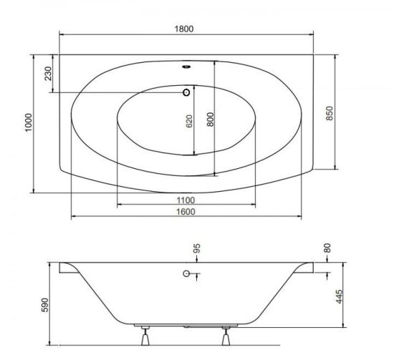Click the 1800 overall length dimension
point(184,29)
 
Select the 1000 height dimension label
point(29,122)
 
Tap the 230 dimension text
point(48,73)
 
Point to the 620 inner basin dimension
point(189,121)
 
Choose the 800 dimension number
point(211,120)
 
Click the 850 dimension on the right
point(330,113)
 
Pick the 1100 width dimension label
point(186,200)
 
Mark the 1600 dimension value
point(186,212)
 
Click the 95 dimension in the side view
point(197,248)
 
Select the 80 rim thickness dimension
point(327,248)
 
